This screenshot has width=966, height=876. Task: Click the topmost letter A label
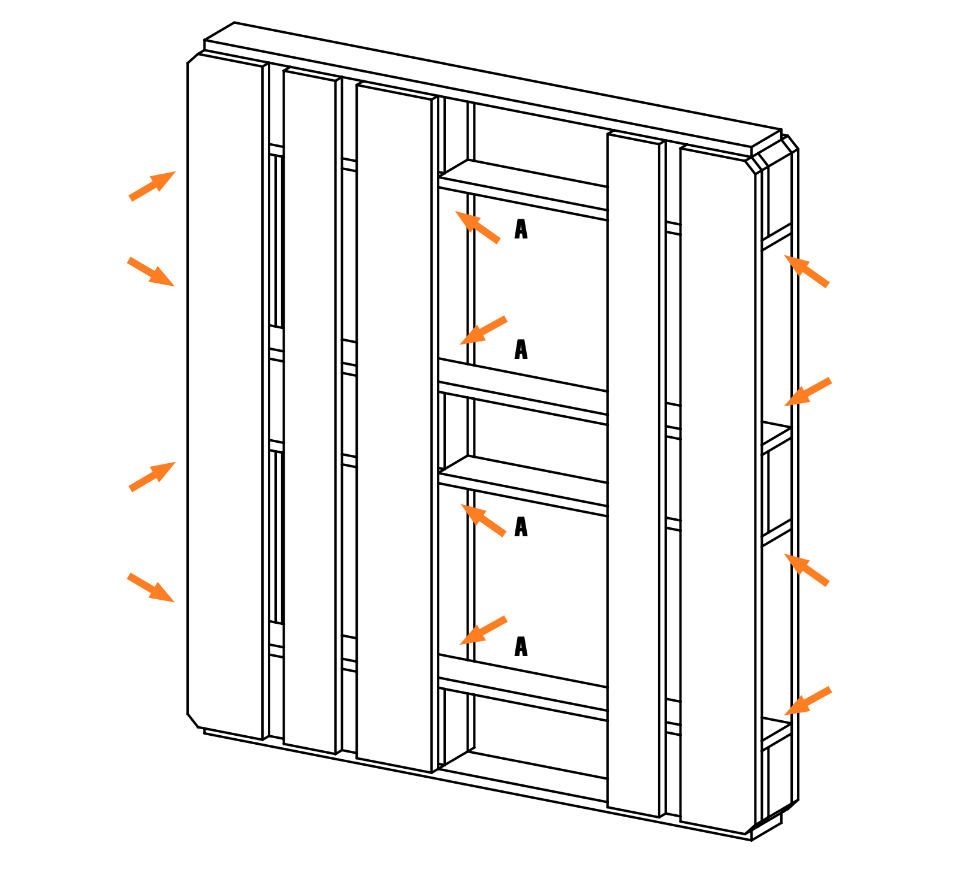521,229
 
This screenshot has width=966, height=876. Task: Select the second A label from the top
521,349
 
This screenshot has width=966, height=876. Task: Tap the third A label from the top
521,527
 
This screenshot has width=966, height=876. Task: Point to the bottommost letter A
521,647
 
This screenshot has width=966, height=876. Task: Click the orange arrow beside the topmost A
478,226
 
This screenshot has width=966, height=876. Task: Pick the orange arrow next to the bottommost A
483,630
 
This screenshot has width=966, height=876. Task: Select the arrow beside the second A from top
483,330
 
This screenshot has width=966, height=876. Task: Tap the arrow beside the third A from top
483,520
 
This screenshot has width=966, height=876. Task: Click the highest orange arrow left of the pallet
152,186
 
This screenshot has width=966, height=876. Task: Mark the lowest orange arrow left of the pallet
151,587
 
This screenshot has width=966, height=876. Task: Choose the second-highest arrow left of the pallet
151,271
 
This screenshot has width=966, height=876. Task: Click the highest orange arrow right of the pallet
807,271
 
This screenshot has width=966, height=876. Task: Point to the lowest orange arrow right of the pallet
808,700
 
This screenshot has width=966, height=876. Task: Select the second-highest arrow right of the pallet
808,392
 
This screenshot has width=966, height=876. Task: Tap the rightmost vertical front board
717,490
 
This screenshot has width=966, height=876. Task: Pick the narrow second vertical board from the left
309,411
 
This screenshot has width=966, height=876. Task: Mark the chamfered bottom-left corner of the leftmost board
192,721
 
